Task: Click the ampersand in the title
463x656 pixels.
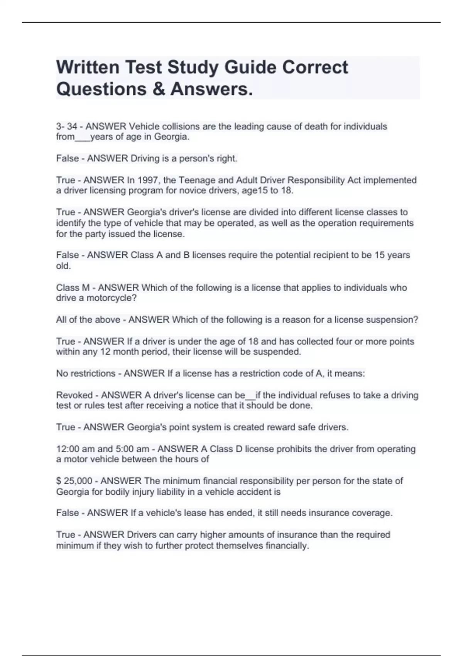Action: [159, 89]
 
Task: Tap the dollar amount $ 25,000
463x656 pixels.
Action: [74, 481]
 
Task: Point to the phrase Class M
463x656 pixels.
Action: [73, 287]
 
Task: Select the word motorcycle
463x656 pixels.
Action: [110, 298]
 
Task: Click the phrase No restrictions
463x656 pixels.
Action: [86, 373]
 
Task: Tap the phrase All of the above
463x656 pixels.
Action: [88, 320]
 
